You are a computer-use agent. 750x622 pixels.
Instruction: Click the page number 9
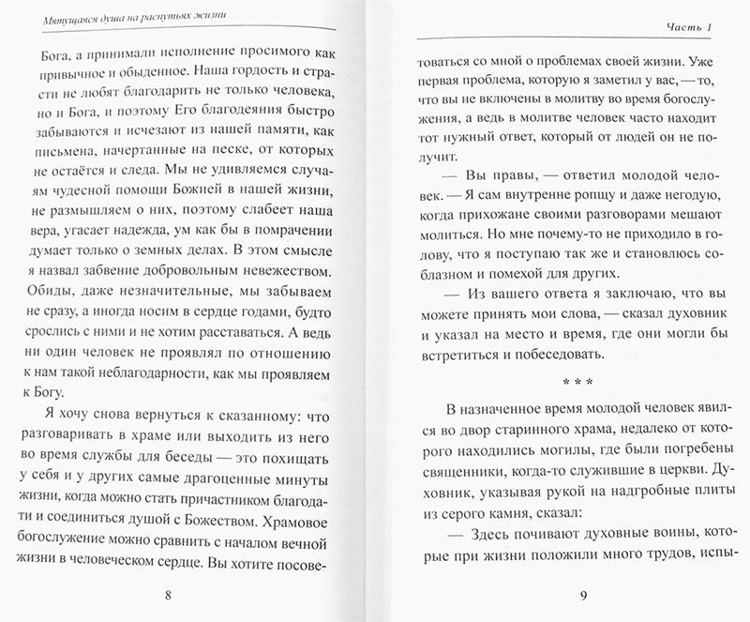pos(583,594)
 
